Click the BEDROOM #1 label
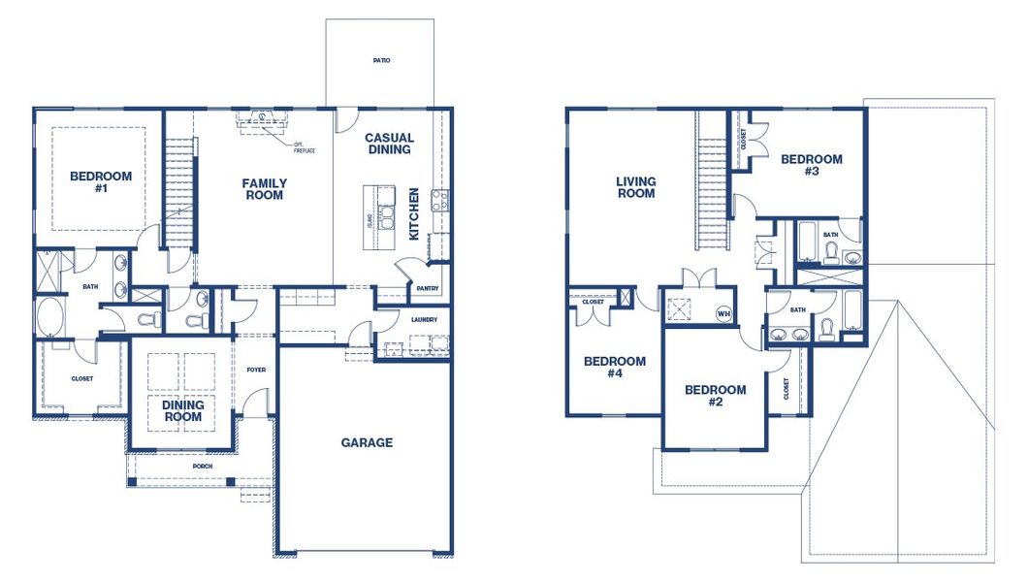pos(101,182)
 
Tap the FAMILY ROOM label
pos(264,188)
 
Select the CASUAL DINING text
pos(389,144)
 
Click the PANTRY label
pos(428,289)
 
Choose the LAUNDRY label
pos(424,319)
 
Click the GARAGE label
pos(367,442)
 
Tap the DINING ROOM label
pos(182,410)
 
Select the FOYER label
pos(256,370)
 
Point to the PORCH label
pos(203,466)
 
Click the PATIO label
pos(381,60)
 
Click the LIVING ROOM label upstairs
pos(636,187)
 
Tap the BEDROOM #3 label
pos(812,165)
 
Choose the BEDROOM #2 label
pos(716,396)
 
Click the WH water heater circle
pos(723,313)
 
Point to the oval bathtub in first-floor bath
pos(48,316)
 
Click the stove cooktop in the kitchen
pos(439,201)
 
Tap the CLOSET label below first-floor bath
pos(82,379)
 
